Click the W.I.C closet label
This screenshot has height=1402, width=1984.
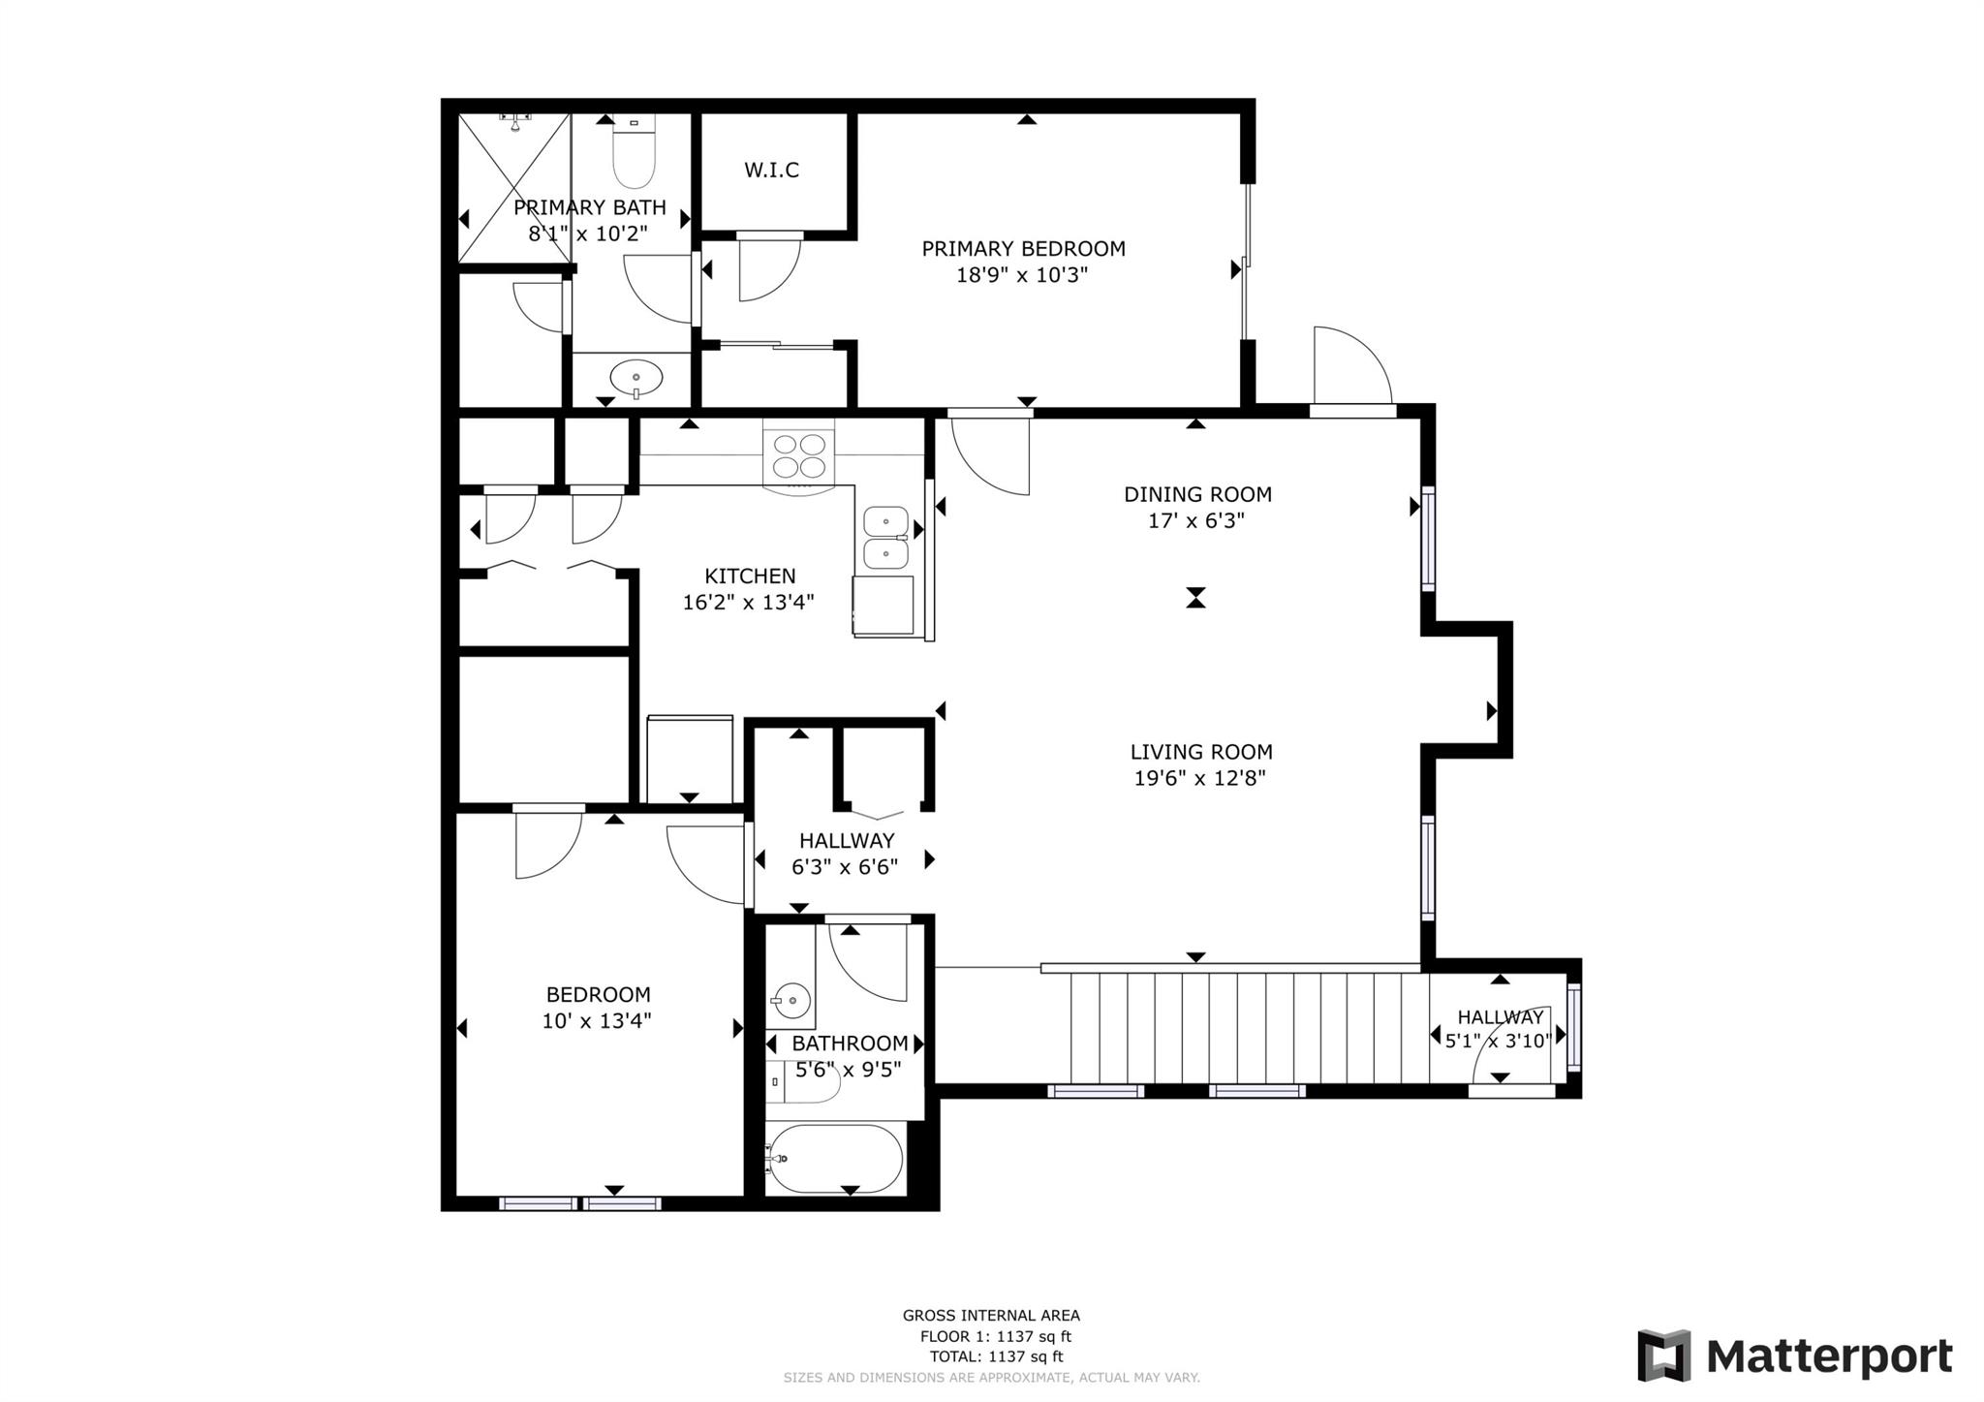coord(771,171)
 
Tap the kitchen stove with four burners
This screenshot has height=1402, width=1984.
coord(799,456)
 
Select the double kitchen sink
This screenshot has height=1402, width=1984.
coord(885,538)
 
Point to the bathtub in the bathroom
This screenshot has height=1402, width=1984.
coord(835,1159)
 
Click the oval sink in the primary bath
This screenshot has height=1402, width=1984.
coord(635,376)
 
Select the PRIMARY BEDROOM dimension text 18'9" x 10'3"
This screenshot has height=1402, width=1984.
coord(1022,275)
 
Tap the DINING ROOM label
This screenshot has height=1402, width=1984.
coord(1196,494)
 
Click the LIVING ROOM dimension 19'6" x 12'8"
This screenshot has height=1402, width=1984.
coord(1199,778)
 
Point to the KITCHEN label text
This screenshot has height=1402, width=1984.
coord(749,576)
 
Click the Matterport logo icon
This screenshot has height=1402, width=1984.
coord(1663,1355)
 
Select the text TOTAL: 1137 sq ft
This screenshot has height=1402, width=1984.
coord(996,1356)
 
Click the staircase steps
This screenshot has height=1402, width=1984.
coord(1250,1028)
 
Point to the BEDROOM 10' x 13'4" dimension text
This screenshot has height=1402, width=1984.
coord(596,1020)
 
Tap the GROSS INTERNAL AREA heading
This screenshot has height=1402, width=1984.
coord(991,1315)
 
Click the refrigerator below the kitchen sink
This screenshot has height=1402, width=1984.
coord(883,606)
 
